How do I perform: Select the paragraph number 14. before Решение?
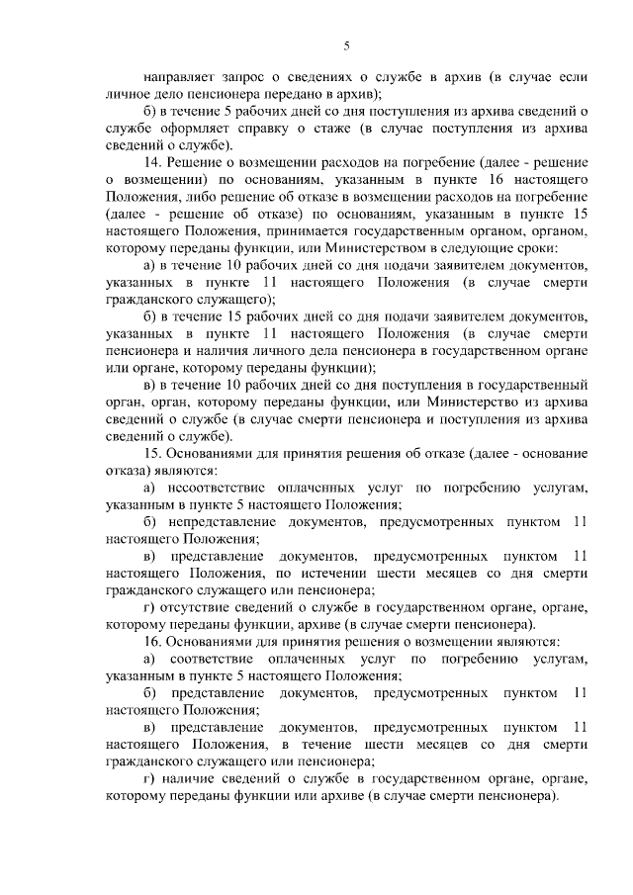(x=152, y=162)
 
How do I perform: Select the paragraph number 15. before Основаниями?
(x=152, y=453)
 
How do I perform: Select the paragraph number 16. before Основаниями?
(x=152, y=642)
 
